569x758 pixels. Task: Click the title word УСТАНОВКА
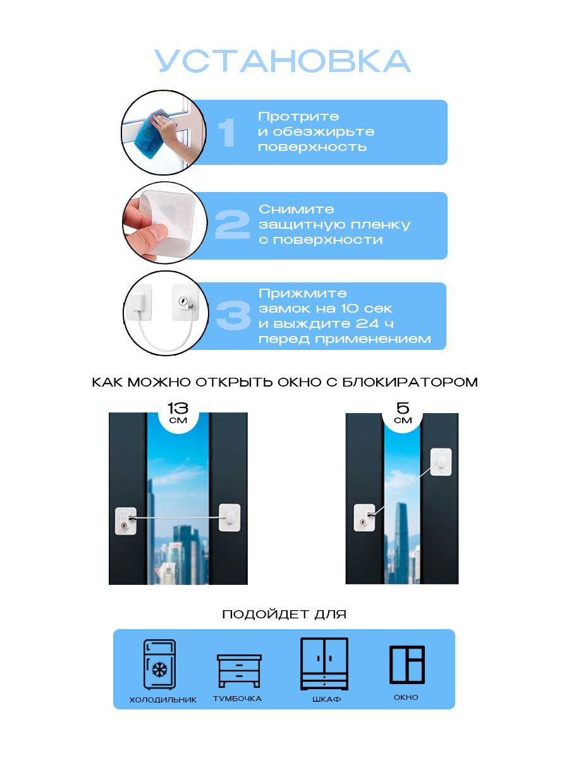click(283, 62)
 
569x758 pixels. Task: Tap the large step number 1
click(226, 133)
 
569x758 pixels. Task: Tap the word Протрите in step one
click(298, 117)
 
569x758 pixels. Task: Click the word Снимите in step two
click(297, 209)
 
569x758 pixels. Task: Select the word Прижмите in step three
click(303, 294)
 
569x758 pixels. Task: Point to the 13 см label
click(178, 413)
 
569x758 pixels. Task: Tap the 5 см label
click(402, 413)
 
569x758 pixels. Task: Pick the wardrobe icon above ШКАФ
click(324, 663)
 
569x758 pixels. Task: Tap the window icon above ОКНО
click(407, 664)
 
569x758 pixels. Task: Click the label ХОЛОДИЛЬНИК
click(162, 700)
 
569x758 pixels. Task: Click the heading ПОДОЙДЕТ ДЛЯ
click(284, 614)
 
